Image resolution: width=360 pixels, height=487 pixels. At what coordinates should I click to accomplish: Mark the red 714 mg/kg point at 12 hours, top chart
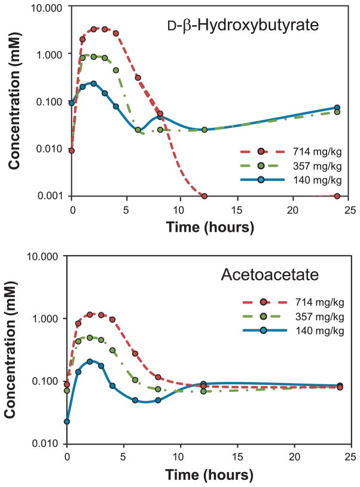205,196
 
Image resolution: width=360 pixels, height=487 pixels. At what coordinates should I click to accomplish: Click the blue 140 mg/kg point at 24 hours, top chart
337,108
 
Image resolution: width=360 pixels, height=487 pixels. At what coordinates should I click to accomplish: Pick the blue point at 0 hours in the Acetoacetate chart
67,422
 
